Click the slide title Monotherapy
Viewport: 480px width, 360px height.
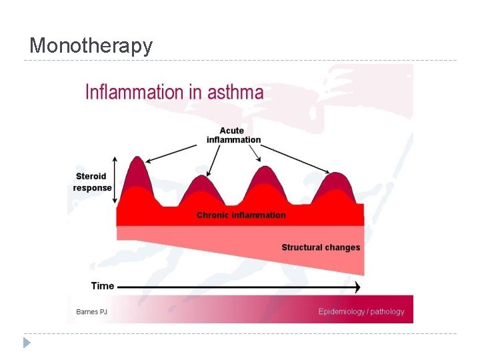(x=91, y=45)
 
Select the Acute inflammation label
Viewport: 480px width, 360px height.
(x=233, y=135)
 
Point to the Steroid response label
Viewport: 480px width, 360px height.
(x=93, y=182)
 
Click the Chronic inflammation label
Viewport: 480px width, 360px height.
(x=241, y=215)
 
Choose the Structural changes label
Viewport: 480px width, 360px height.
(x=321, y=247)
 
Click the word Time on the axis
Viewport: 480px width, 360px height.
(x=103, y=286)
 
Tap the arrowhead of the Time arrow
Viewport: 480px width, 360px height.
(x=357, y=287)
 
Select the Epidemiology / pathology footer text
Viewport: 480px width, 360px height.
(x=361, y=311)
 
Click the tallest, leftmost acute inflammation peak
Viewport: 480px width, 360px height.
(x=137, y=167)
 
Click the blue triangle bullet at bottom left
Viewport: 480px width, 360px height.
(x=26, y=343)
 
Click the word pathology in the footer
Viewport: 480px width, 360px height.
(x=387, y=311)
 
